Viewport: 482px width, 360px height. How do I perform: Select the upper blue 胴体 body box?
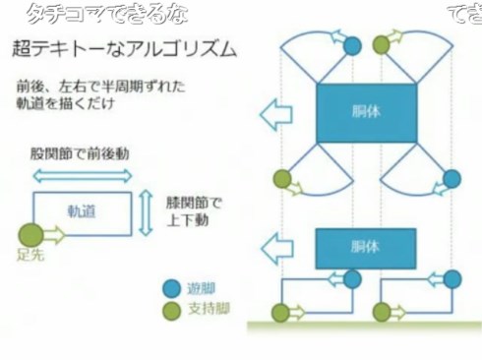pyautogui.click(x=366, y=112)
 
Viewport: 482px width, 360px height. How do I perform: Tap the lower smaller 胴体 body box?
pyautogui.click(x=365, y=248)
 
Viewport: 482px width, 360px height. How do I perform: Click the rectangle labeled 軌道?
pyautogui.click(x=83, y=210)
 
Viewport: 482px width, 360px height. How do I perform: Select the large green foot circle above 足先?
pyautogui.click(x=30, y=234)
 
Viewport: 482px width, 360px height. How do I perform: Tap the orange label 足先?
pyautogui.click(x=29, y=255)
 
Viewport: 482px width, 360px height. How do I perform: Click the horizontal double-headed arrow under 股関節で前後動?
pyautogui.click(x=83, y=175)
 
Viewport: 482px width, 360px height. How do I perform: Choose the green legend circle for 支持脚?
pyautogui.click(x=172, y=309)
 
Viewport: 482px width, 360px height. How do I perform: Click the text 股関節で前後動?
pyautogui.click(x=80, y=154)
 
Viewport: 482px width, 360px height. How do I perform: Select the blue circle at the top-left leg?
pyautogui.click(x=353, y=45)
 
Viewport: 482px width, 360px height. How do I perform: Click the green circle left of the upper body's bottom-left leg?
pyautogui.click(x=282, y=179)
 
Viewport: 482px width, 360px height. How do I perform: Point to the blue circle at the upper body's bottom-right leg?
pyautogui.click(x=451, y=178)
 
